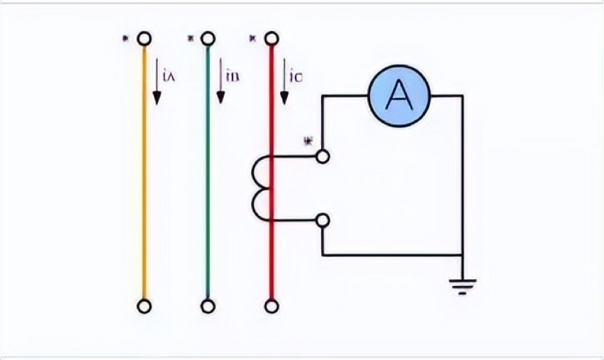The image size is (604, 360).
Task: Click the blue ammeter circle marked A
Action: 399,97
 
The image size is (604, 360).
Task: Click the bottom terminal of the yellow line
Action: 144,306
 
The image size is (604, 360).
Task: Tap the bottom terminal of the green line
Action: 207,306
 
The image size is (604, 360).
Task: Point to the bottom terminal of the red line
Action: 271,306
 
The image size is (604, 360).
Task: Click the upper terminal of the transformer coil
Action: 323,156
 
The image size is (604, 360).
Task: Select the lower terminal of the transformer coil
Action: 323,220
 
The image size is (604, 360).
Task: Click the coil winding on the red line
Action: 261,188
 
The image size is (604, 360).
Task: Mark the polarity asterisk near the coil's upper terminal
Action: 308,141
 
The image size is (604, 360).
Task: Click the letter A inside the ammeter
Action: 399,97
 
